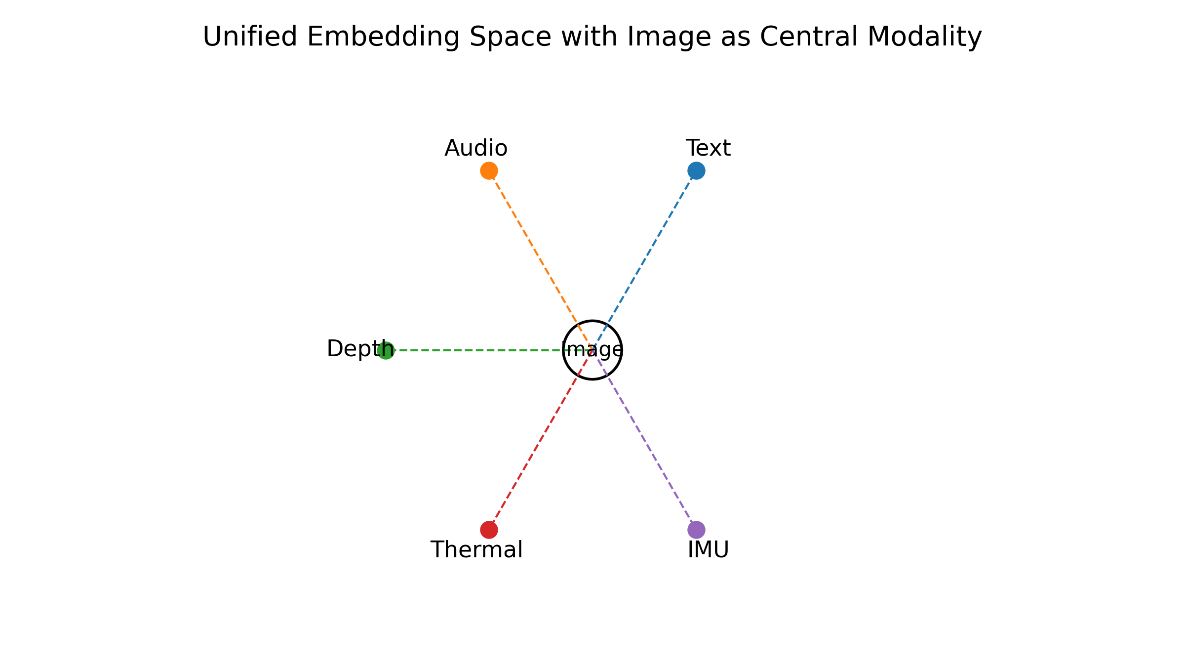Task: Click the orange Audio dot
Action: [x=489, y=170]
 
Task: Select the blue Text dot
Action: [x=696, y=170]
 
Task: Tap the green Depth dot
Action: [x=386, y=350]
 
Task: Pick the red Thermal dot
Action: [x=489, y=530]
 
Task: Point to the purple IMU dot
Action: [x=696, y=530]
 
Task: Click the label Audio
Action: [x=476, y=148]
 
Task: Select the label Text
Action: [x=708, y=148]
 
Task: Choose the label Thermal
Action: [x=476, y=550]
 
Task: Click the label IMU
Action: [x=708, y=550]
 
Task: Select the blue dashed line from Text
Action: [x=647, y=256]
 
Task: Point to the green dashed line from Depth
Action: [x=474, y=350]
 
